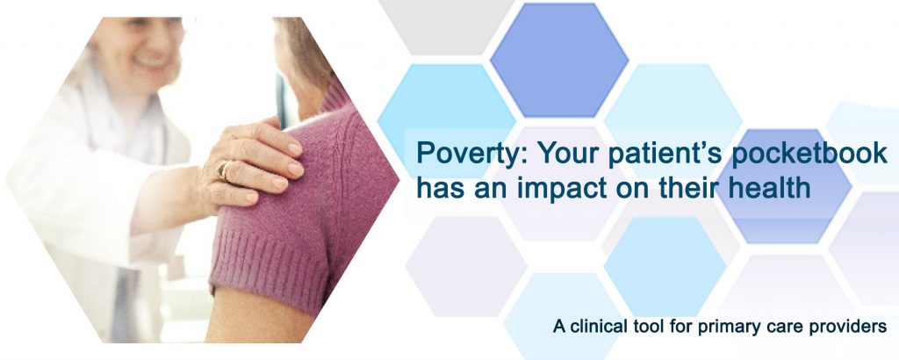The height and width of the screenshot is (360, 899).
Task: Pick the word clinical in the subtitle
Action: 597,327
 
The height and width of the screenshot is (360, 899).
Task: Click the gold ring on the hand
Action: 223,169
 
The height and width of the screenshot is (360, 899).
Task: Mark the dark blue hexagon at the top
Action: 559,61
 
